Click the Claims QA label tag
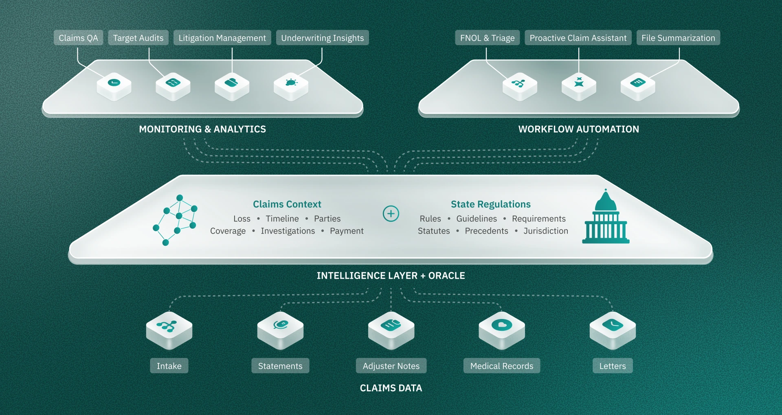click(78, 38)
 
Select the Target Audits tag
click(138, 38)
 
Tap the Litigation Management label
click(222, 38)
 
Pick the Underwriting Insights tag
click(322, 38)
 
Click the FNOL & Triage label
click(487, 38)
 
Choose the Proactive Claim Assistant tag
click(578, 38)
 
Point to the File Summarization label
click(678, 38)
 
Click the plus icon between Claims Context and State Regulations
click(391, 214)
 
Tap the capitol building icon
click(606, 216)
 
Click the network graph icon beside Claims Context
click(175, 220)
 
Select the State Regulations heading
click(491, 204)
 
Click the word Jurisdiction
click(546, 231)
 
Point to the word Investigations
click(288, 231)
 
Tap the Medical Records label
click(502, 366)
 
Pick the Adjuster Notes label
click(391, 366)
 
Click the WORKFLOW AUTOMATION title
click(578, 129)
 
